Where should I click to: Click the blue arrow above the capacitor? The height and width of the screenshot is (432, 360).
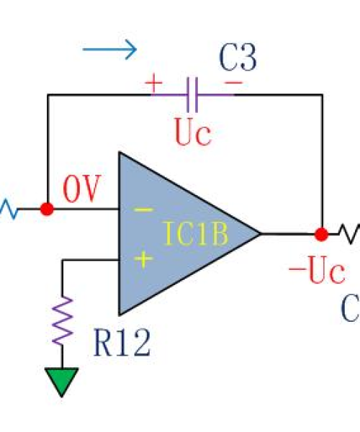click(x=109, y=50)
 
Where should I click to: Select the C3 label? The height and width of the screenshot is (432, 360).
click(x=238, y=58)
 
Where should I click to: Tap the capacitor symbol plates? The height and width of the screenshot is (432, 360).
click(x=192, y=94)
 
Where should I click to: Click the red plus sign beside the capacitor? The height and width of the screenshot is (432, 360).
click(x=153, y=83)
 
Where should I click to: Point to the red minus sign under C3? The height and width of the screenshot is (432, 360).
click(x=233, y=82)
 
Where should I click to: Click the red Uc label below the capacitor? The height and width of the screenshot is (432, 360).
click(x=193, y=132)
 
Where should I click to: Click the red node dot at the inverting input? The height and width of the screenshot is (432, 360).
click(x=47, y=209)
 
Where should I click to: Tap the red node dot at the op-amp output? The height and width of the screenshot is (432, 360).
click(x=321, y=235)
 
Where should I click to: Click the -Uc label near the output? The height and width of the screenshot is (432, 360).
click(x=317, y=269)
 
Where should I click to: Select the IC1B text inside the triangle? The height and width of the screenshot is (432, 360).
click(x=196, y=233)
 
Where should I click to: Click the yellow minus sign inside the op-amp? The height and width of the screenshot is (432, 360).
click(x=143, y=210)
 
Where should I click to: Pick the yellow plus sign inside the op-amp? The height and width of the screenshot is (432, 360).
click(x=143, y=258)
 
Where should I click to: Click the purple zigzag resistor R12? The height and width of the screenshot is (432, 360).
click(x=62, y=320)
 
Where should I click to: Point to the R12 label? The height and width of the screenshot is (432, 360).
click(x=122, y=343)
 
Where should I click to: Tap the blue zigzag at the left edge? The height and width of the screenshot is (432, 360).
click(x=9, y=210)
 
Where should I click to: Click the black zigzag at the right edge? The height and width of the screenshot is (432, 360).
click(x=349, y=233)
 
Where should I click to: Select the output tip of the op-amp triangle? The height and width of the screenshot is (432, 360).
click(x=261, y=234)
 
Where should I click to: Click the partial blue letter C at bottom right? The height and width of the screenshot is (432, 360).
click(x=351, y=308)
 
